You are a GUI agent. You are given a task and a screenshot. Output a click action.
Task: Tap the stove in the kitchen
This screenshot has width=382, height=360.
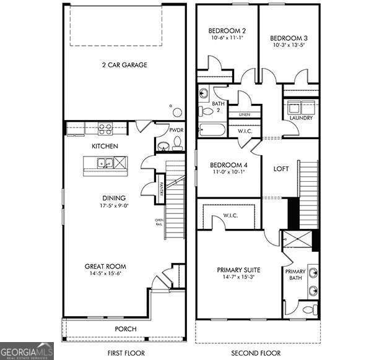pos(105,129)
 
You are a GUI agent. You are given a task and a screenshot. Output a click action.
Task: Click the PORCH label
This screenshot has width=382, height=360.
pos(126,328)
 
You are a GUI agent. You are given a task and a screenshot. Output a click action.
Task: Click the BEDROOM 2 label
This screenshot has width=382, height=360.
pos(227,31)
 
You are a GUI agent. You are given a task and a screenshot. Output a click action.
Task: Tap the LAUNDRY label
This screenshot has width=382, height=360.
pos(301,118)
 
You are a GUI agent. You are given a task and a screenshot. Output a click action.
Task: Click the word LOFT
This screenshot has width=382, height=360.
pos(282,168)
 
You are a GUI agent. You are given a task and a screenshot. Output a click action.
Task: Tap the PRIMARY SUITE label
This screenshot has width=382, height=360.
pos(238,270)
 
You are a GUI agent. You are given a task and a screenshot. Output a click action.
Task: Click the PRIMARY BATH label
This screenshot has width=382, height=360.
pos(295,275)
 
